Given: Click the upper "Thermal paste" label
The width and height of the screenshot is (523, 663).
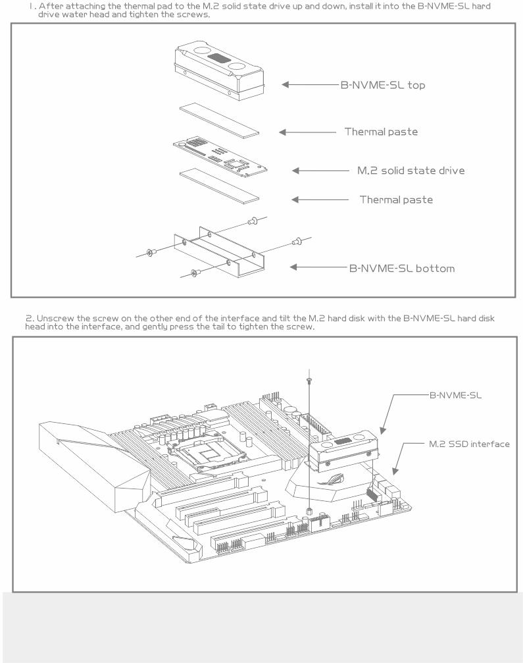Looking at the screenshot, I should pyautogui.click(x=381, y=132).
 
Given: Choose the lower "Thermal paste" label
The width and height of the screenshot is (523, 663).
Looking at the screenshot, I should pyautogui.click(x=395, y=199).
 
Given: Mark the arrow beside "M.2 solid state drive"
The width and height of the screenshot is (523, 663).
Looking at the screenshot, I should pyautogui.click(x=320, y=171).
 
